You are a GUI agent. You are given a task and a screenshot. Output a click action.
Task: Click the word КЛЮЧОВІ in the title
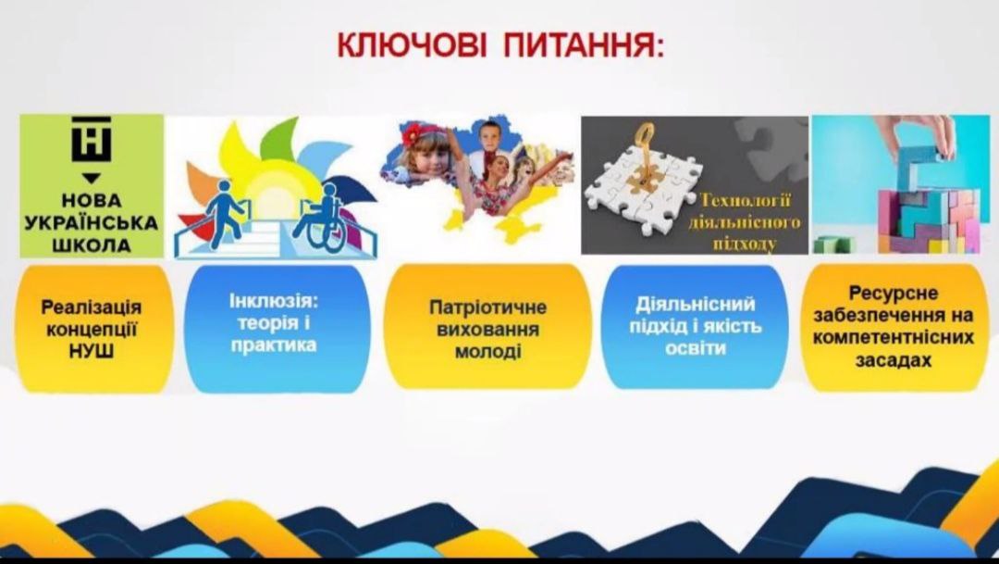pyautogui.click(x=412, y=46)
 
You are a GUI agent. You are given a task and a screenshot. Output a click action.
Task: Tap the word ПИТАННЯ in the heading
pyautogui.click(x=584, y=46)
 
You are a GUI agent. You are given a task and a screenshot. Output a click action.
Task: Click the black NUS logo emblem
pyautogui.click(x=91, y=139)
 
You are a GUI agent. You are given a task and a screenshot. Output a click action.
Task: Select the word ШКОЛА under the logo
pyautogui.click(x=92, y=245)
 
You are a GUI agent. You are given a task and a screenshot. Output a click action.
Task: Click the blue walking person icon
pyautogui.click(x=225, y=213)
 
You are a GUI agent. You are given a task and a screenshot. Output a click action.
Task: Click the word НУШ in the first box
pyautogui.click(x=92, y=351)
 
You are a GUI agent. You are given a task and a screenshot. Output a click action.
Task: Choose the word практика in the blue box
pyautogui.click(x=274, y=345)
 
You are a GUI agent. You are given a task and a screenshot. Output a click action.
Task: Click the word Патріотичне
pyautogui.click(x=488, y=307)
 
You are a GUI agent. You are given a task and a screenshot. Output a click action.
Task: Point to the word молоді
pyautogui.click(x=488, y=352)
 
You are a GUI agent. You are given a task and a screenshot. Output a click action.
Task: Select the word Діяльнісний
pyautogui.click(x=695, y=304)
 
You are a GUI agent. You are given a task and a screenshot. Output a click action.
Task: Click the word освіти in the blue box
pyautogui.click(x=695, y=348)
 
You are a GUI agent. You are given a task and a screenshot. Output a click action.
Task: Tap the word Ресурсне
pyautogui.click(x=894, y=293)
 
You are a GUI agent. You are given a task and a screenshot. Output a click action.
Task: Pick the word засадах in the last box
pyautogui.click(x=894, y=360)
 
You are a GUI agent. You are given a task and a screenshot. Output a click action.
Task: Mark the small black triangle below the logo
pyautogui.click(x=92, y=178)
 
